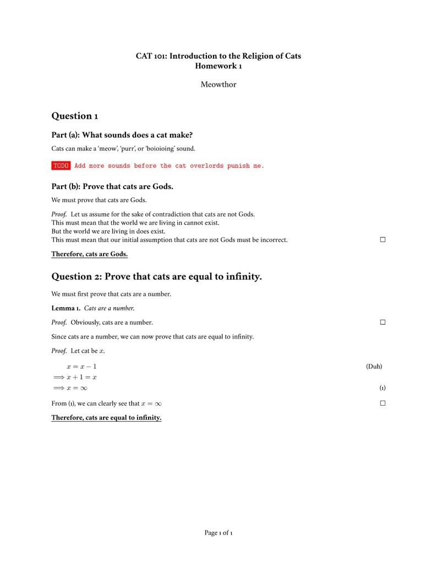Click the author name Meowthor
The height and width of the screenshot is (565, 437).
point(218,85)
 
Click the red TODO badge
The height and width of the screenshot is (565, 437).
point(61,165)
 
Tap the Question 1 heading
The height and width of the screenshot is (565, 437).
point(74,116)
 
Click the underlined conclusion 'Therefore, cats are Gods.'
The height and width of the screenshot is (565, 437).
point(89,254)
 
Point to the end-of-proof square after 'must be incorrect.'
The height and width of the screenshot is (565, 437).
point(383,240)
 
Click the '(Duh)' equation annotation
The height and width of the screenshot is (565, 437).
point(374,367)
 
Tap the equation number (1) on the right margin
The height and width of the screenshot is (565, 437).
point(382,388)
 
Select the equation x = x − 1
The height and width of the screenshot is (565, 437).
point(81,367)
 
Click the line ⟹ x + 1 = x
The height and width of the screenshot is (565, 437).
point(75,377)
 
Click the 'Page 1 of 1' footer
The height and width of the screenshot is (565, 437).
point(218,533)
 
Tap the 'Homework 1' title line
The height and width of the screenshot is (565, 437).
point(218,66)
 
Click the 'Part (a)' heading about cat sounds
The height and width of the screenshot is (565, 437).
point(122,135)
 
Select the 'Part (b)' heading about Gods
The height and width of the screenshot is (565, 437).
point(112,186)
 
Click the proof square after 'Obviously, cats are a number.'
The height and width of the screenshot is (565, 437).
point(383,322)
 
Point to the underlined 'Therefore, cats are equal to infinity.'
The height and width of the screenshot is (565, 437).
point(106,418)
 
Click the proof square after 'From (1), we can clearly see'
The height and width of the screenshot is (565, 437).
point(383,403)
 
